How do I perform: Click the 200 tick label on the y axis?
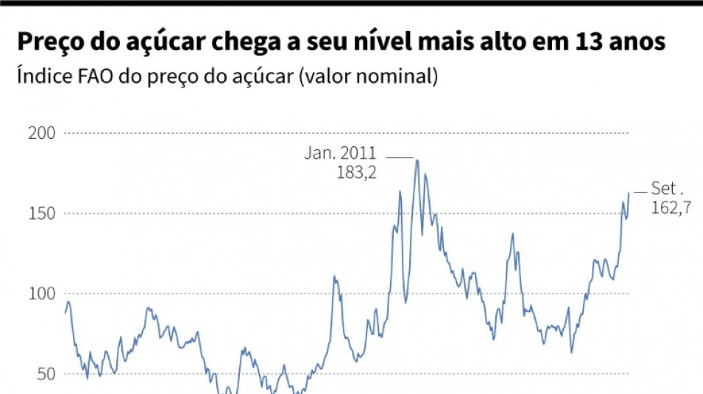coord(41,133)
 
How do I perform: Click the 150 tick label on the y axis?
coord(41,214)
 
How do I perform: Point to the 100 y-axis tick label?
coord(41,294)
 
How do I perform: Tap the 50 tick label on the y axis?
coord(46,374)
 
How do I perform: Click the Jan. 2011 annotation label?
coord(340,154)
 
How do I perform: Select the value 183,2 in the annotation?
coord(357,172)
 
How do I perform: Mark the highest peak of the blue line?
coord(417,160)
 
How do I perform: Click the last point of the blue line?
coord(629,193)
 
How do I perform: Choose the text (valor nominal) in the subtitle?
coord(368,76)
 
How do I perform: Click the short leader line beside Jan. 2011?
coord(400,157)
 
